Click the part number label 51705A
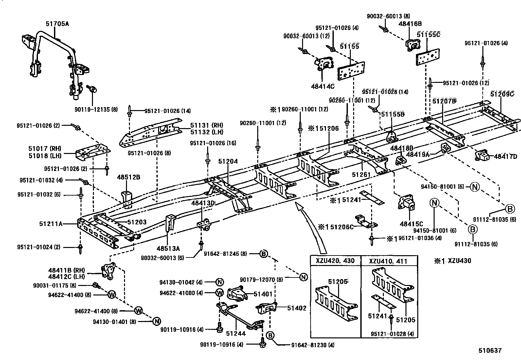click(x=57, y=24)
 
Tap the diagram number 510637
click(x=490, y=351)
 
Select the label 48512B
click(x=128, y=177)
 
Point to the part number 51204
click(x=228, y=161)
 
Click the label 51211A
click(x=51, y=224)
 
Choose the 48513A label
click(x=168, y=249)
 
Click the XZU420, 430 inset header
click(x=335, y=260)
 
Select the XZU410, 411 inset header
click(x=388, y=261)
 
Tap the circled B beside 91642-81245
click(x=263, y=254)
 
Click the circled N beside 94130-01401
click(x=157, y=322)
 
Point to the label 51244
click(x=236, y=333)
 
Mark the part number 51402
click(x=297, y=308)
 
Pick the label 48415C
click(x=411, y=224)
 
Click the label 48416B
click(x=410, y=24)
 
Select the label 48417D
click(x=505, y=156)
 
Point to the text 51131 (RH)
click(x=207, y=125)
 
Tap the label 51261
click(x=361, y=174)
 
